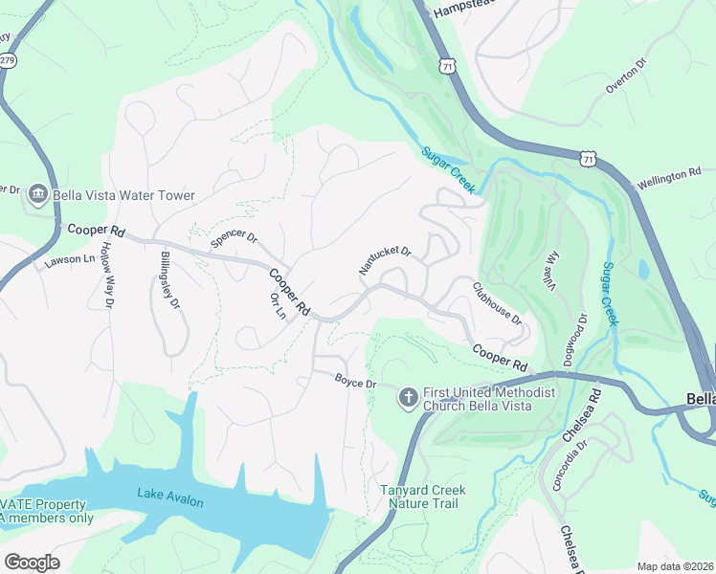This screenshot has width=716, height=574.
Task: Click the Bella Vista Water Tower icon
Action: click(x=39, y=195)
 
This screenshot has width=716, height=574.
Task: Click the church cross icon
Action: click(x=408, y=397)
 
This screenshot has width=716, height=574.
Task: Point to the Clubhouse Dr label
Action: click(x=498, y=301)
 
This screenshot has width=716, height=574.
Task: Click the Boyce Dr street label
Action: click(x=356, y=383)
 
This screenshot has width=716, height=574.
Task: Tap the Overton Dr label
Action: click(x=627, y=75)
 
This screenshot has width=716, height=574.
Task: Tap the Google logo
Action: click(x=32, y=563)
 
